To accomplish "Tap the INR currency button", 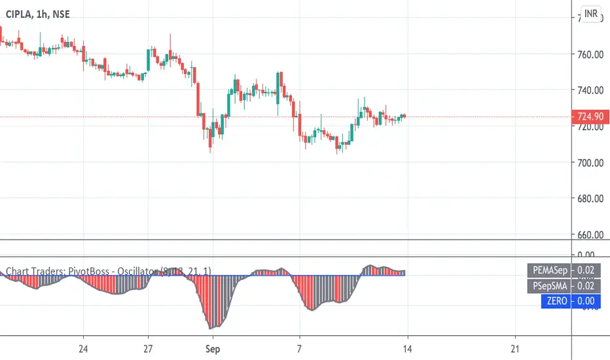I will pyautogui.click(x=591, y=14).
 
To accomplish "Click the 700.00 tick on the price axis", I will pyautogui.click(x=589, y=162).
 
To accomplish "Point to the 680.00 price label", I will pyautogui.click(x=589, y=198).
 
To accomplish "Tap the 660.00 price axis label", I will pyautogui.click(x=589, y=234).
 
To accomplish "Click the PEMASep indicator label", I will pyautogui.click(x=548, y=270).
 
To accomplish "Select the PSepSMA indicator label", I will pyautogui.click(x=548, y=286).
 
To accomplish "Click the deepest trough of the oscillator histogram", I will pyautogui.click(x=210, y=327).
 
